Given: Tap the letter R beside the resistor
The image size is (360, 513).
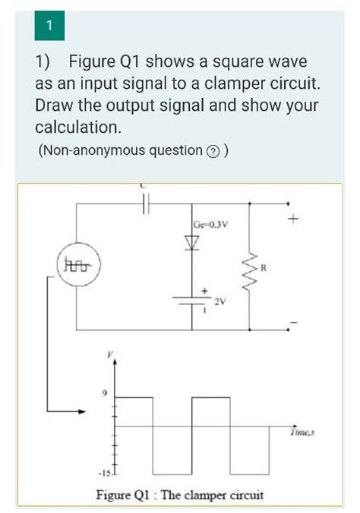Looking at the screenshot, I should pyautogui.click(x=264, y=268).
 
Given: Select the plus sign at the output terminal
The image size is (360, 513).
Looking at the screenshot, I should pyautogui.click(x=291, y=221).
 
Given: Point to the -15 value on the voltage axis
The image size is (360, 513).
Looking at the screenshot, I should pyautogui.click(x=104, y=474).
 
